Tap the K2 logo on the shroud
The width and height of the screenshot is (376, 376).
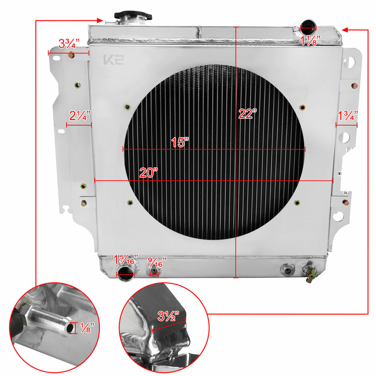113,60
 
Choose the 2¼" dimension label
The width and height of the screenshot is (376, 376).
80,116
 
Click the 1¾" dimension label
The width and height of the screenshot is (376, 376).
347,116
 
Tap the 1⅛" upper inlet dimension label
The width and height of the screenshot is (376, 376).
311,40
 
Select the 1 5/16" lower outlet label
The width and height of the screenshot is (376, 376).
126,260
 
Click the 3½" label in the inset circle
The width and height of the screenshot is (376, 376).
168,316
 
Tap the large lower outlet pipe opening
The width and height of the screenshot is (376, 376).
126,272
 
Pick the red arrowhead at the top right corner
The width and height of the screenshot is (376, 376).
345,30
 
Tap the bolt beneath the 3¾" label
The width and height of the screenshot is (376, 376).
71,56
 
